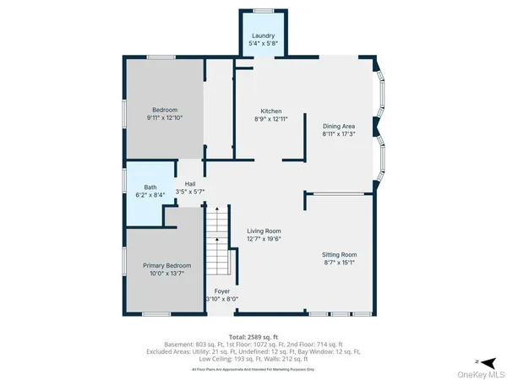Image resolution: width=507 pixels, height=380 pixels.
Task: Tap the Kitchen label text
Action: click(270, 111)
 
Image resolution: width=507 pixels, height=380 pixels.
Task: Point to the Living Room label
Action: click(264, 231)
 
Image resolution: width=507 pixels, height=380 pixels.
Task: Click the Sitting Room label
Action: click(339, 254)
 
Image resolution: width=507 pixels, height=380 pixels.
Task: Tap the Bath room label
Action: click(150, 187)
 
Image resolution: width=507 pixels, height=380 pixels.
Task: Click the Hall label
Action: click(191, 183)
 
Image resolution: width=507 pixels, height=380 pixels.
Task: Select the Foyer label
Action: click(221, 290)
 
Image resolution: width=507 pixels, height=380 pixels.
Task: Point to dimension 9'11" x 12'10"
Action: click(165, 118)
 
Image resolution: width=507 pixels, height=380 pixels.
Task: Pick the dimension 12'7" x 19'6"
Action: click(264, 239)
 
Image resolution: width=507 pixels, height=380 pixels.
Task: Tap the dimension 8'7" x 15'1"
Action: click(339, 263)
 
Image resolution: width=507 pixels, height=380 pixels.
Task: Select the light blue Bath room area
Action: click(149, 203)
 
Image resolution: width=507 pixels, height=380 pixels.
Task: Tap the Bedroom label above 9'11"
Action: click(164, 110)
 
